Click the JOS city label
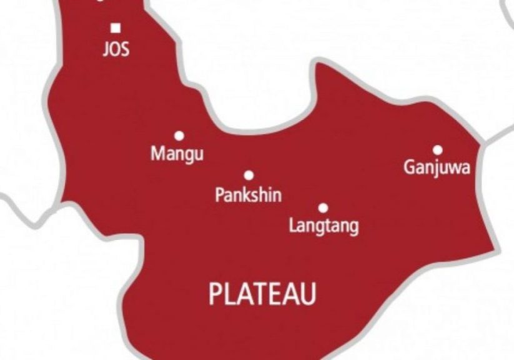(x=116, y=49)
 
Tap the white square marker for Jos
(x=116, y=27)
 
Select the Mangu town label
(x=177, y=154)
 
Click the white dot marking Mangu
(x=179, y=135)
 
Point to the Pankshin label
(x=248, y=195)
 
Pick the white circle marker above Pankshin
(x=249, y=176)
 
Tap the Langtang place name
(x=324, y=226)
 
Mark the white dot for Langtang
(x=324, y=207)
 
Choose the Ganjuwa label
(x=437, y=168)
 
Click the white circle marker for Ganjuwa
(x=438, y=149)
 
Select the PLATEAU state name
(x=262, y=294)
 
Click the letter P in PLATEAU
(x=215, y=294)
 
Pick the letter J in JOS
(x=106, y=49)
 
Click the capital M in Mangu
(x=157, y=153)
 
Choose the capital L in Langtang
(x=293, y=225)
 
